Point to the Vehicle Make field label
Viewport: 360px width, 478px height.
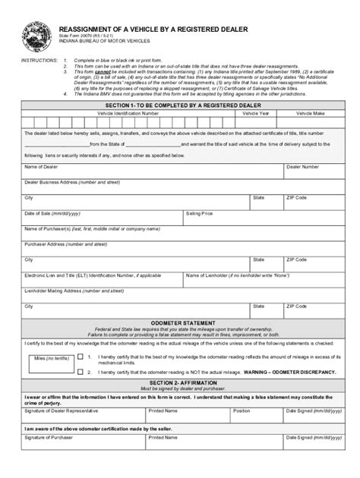(310, 112)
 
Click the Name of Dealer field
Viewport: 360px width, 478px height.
(152, 171)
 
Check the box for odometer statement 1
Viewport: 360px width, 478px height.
(79, 355)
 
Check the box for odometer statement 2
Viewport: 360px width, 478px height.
(79, 372)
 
